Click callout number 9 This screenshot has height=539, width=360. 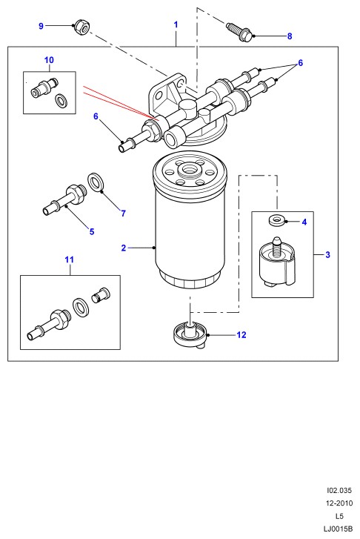coord(41,26)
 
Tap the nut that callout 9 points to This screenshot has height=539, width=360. coord(81,27)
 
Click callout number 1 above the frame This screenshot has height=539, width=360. coord(176,24)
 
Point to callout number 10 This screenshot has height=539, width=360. coord(49,60)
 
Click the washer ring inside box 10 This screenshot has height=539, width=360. coord(61,100)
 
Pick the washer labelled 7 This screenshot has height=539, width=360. coord(96,183)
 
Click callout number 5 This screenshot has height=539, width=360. coord(92,231)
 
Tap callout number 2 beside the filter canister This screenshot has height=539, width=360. coord(124,248)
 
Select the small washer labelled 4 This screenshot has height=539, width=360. coord(276,220)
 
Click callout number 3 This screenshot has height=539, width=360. coord(327,255)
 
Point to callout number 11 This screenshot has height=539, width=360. coord(70,259)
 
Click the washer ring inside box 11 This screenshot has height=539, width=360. coord(81,307)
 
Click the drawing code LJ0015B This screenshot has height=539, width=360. coord(338,529)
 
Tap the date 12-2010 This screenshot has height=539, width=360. coord(339,503)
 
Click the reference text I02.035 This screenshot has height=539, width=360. coord(339,490)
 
